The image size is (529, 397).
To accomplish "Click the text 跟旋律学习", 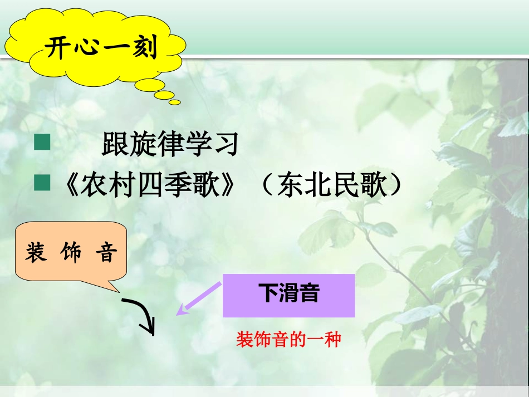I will pyautogui.click(x=170, y=144).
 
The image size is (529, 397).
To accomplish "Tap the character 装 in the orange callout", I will pyautogui.click(x=36, y=253).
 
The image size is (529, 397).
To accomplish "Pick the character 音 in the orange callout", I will pyautogui.click(x=106, y=253).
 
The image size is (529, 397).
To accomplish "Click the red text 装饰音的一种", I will pyautogui.click(x=288, y=339).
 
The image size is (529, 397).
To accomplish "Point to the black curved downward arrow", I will pyautogui.click(x=143, y=315).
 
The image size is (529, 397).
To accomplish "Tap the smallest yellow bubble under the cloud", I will pyautogui.click(x=175, y=102).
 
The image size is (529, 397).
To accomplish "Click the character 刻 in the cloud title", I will pyautogui.click(x=146, y=48).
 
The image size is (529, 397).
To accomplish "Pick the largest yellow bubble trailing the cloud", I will pyautogui.click(x=150, y=85).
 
